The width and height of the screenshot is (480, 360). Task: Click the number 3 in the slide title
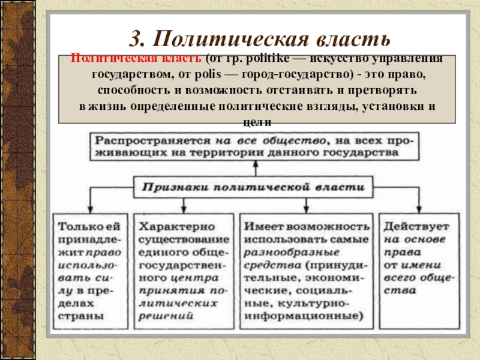pos(136,39)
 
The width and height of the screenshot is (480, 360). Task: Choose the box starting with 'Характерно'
pos(184,270)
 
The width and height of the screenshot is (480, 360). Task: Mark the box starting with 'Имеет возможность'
pos(307,270)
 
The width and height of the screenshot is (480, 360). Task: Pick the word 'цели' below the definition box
pos(259,122)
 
